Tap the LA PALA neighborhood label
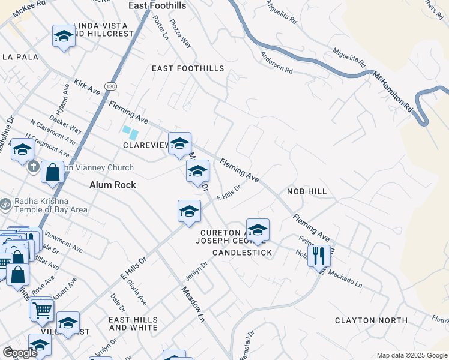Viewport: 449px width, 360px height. click(x=20, y=57)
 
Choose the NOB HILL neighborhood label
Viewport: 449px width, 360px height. click(x=306, y=191)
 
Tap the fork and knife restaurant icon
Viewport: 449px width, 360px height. click(x=319, y=256)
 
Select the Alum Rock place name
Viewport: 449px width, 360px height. click(x=113, y=185)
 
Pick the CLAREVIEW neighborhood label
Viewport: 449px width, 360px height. click(x=145, y=146)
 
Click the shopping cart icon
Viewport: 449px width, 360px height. click(x=42, y=310)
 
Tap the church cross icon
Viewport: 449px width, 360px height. click(x=34, y=166)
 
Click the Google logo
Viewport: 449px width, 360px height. click(x=20, y=353)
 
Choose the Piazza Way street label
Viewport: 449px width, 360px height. click(x=180, y=36)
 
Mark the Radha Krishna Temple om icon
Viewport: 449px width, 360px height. click(x=5, y=204)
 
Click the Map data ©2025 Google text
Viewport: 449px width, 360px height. click(x=411, y=355)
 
